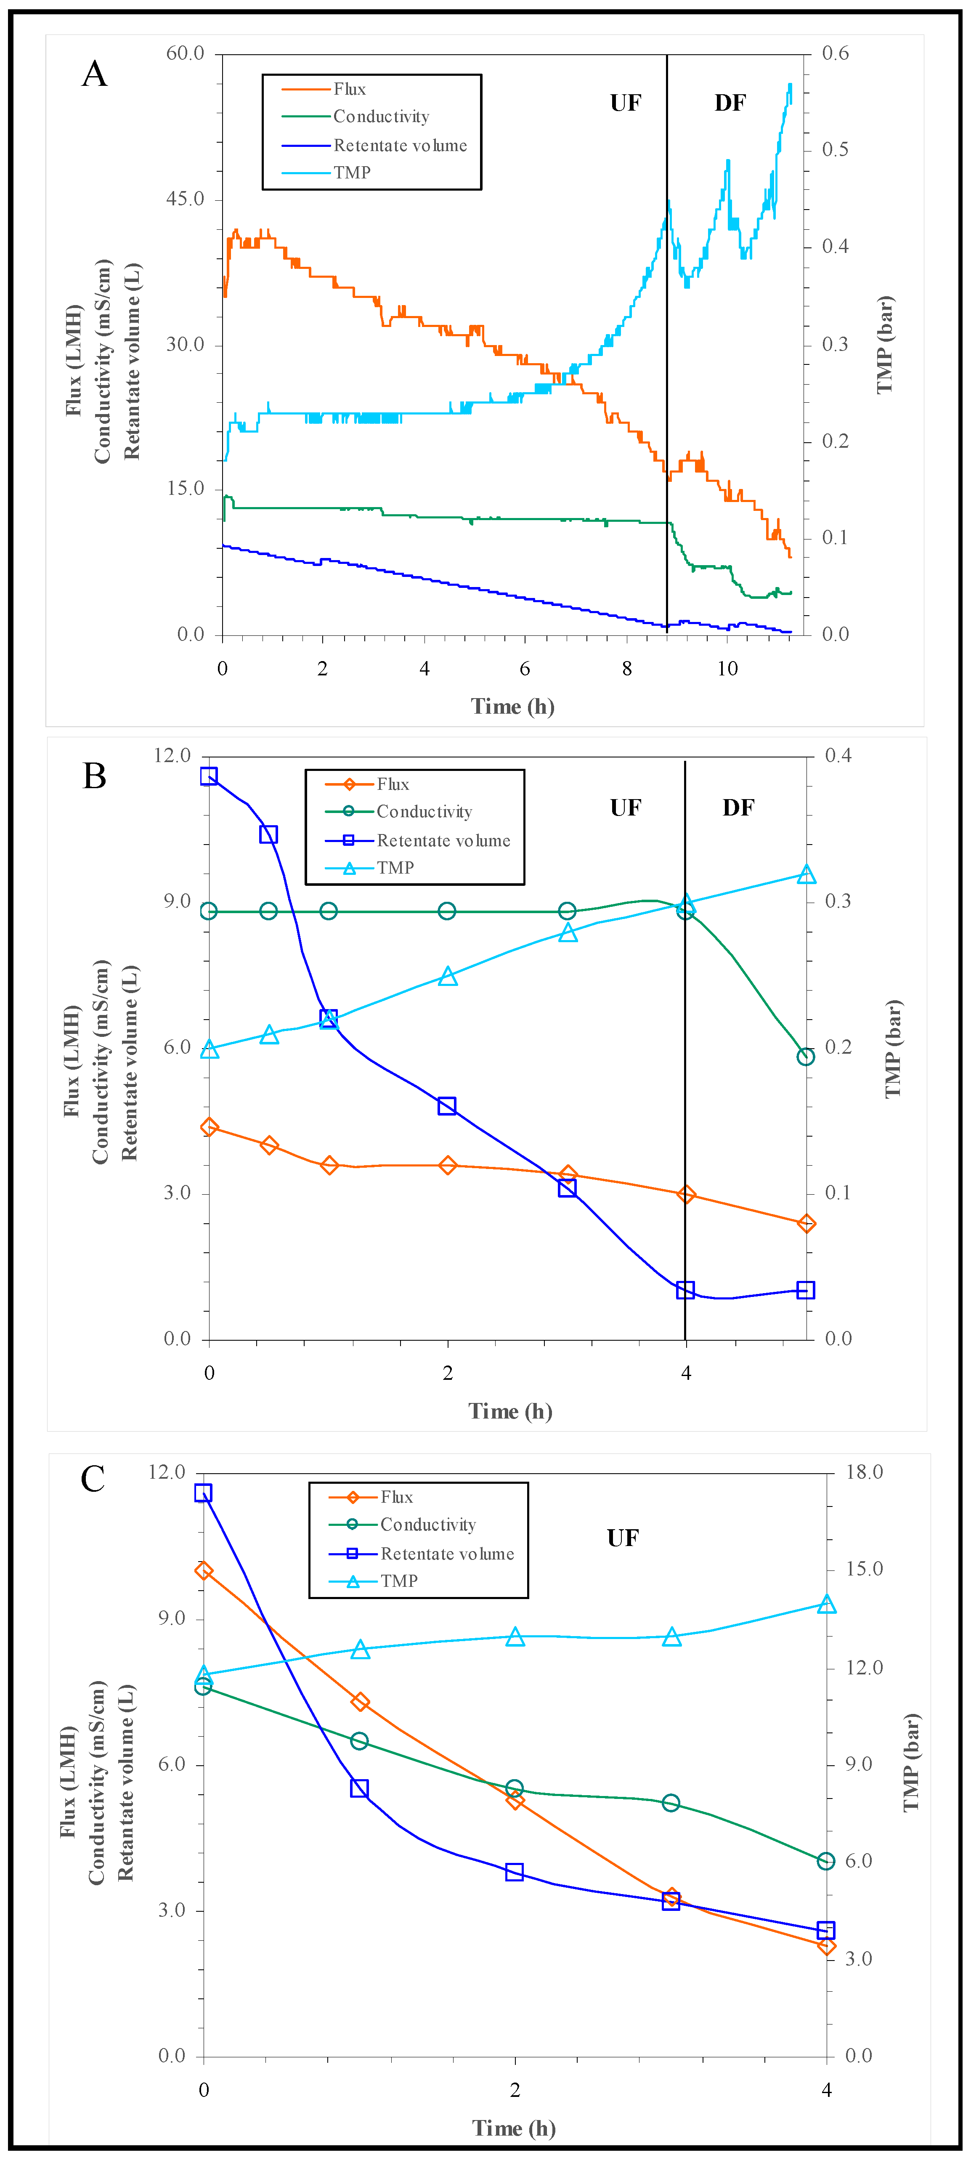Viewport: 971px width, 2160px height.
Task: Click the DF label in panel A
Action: click(x=730, y=103)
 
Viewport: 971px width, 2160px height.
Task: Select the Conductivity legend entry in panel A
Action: click(x=381, y=117)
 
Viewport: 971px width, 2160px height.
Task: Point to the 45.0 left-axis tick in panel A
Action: click(x=184, y=199)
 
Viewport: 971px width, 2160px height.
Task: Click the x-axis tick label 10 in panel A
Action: click(x=727, y=668)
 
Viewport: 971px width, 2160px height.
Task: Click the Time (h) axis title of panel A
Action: click(x=512, y=706)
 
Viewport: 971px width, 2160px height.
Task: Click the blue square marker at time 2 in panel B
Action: click(x=447, y=1106)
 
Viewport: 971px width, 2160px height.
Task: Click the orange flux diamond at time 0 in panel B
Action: click(x=210, y=1127)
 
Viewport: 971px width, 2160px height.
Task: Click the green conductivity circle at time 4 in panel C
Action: click(x=826, y=1861)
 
